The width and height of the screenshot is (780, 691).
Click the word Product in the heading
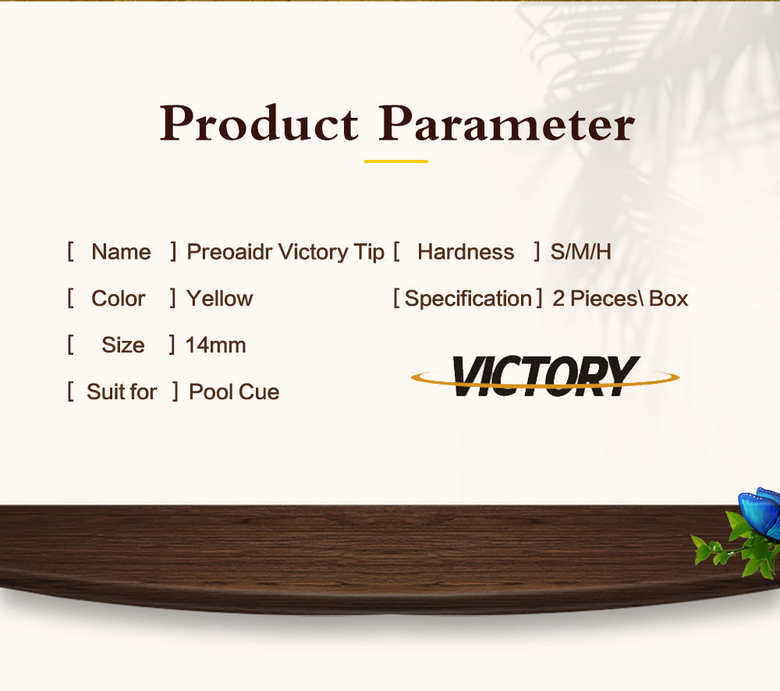pyautogui.click(x=259, y=123)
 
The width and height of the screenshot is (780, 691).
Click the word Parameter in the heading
pyautogui.click(x=506, y=123)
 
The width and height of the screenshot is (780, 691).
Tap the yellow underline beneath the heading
pyautogui.click(x=396, y=161)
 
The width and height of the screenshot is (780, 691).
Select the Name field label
pyautogui.click(x=121, y=252)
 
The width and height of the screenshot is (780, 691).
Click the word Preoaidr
pyautogui.click(x=229, y=252)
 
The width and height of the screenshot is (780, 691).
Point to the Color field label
pyautogui.click(x=119, y=299)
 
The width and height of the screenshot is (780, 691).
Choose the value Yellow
pyautogui.click(x=219, y=299)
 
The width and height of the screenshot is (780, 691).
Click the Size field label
pyautogui.click(x=123, y=345)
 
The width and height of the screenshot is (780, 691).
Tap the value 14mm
pyautogui.click(x=215, y=345)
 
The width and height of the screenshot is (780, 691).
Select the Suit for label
pyautogui.click(x=122, y=392)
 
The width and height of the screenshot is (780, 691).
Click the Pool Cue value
pyautogui.click(x=234, y=392)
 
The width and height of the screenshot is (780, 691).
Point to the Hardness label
pyautogui.click(x=466, y=252)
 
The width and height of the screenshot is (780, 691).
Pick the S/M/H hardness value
pyautogui.click(x=580, y=252)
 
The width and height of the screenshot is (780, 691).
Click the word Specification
pyautogui.click(x=468, y=299)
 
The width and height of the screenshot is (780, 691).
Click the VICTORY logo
pyautogui.click(x=545, y=376)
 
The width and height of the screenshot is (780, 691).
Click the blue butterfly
pyautogui.click(x=760, y=513)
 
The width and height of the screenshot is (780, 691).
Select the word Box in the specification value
pyautogui.click(x=668, y=299)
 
